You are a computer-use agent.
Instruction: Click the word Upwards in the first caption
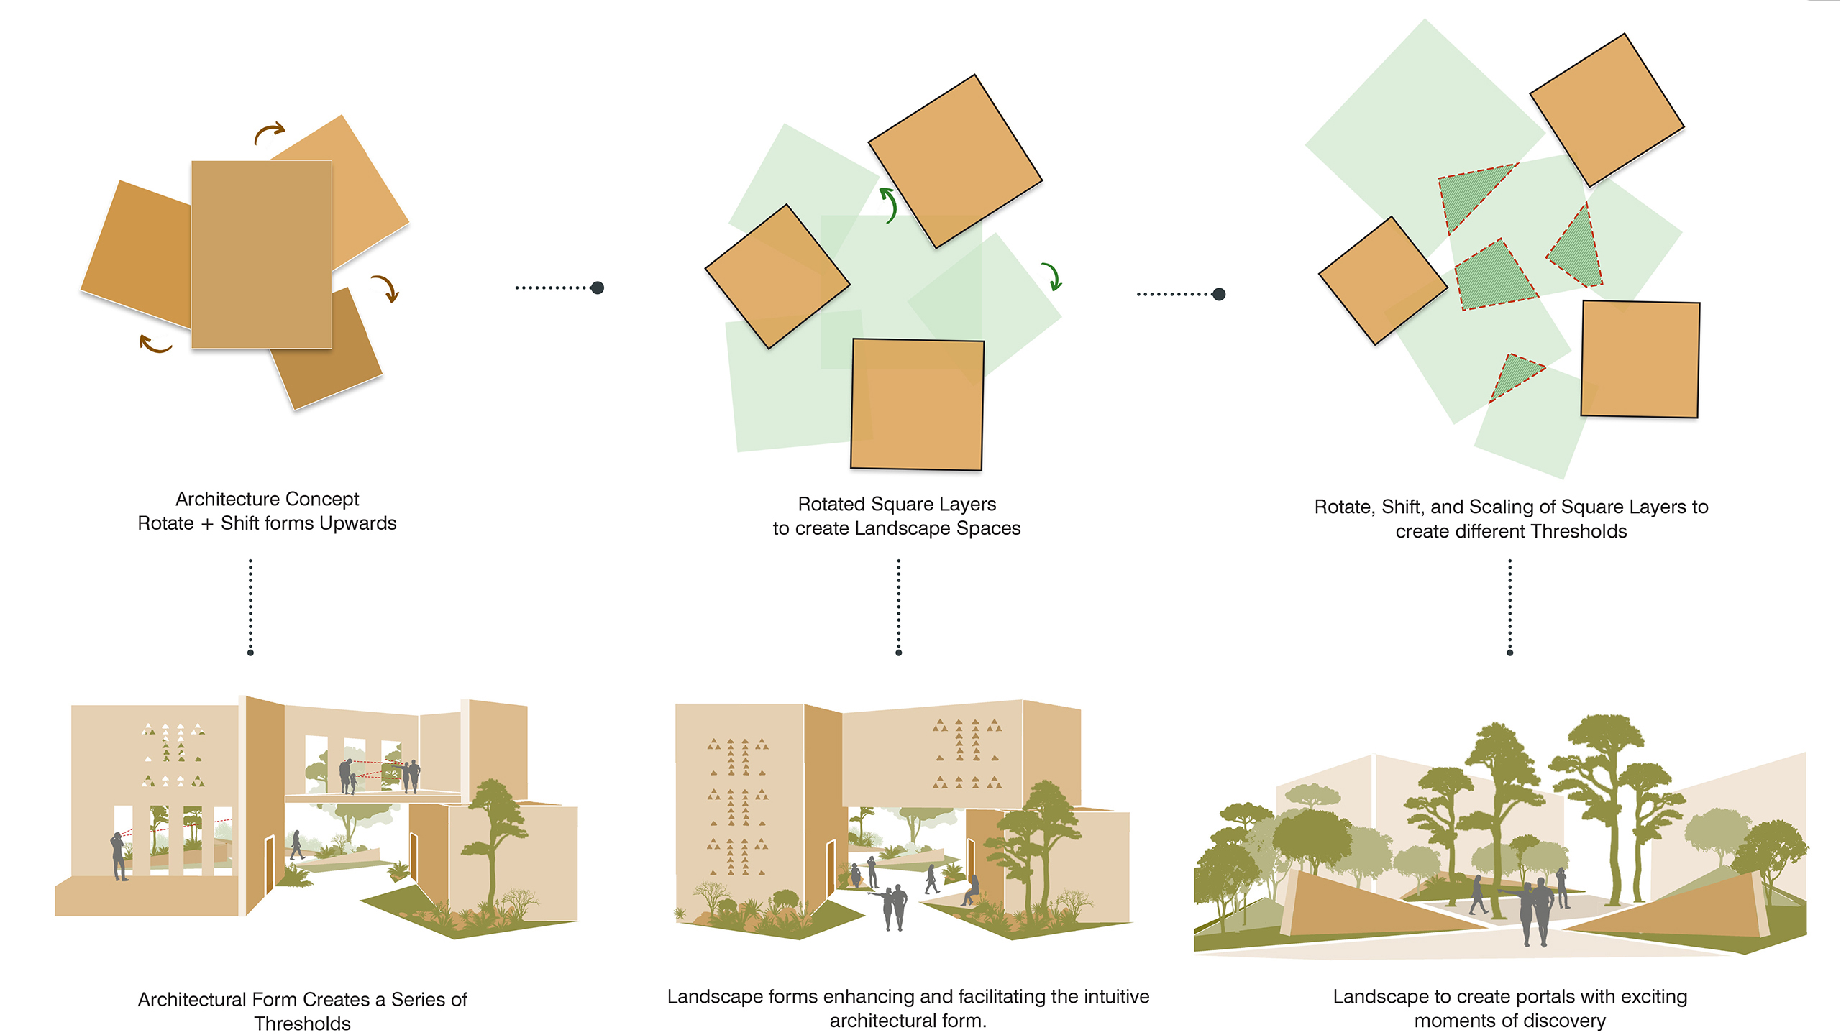(357, 523)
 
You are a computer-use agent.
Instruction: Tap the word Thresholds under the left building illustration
(302, 1023)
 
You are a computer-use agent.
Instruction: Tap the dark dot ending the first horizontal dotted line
(597, 287)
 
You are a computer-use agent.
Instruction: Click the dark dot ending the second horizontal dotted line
(1219, 294)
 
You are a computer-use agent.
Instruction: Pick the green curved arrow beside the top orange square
(889, 205)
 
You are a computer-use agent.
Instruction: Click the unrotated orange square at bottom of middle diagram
(917, 405)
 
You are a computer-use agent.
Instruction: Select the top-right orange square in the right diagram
(1607, 110)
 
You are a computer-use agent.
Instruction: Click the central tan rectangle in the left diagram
(262, 254)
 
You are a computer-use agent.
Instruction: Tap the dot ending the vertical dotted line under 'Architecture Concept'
(250, 653)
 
